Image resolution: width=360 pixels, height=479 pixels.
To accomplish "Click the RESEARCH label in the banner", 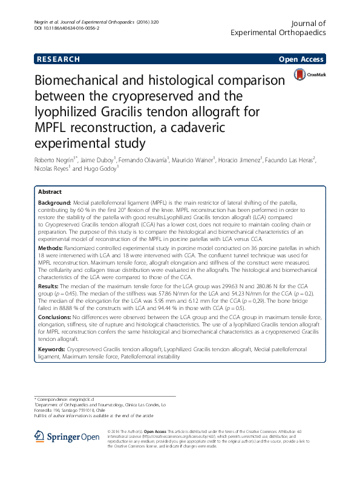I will point(58,59).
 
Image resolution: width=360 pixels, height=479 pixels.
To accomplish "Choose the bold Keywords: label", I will point(54,349).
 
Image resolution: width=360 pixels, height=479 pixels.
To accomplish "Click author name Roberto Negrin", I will point(53,159).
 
